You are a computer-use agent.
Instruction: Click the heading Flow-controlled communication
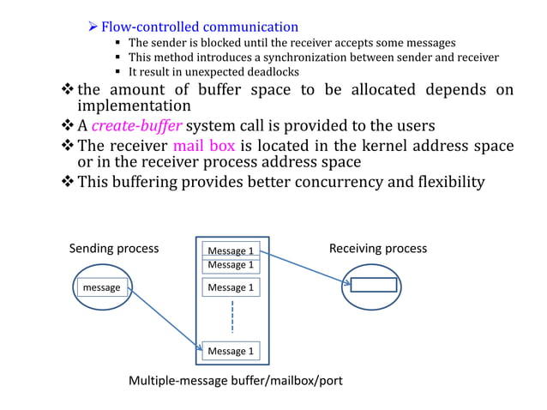pyautogui.click(x=200, y=27)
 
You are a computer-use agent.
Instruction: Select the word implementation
pyautogui.click(x=134, y=106)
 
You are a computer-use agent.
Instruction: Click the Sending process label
pyautogui.click(x=113, y=249)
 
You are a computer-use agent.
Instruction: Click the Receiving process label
pyautogui.click(x=377, y=249)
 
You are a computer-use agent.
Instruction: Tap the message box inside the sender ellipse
pyautogui.click(x=101, y=287)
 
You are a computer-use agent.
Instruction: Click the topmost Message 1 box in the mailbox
pyautogui.click(x=231, y=250)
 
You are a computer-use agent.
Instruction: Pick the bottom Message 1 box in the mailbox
pyautogui.click(x=231, y=351)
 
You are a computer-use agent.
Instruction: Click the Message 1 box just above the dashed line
pyautogui.click(x=231, y=287)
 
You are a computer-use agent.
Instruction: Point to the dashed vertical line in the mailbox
pyautogui.click(x=231, y=317)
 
